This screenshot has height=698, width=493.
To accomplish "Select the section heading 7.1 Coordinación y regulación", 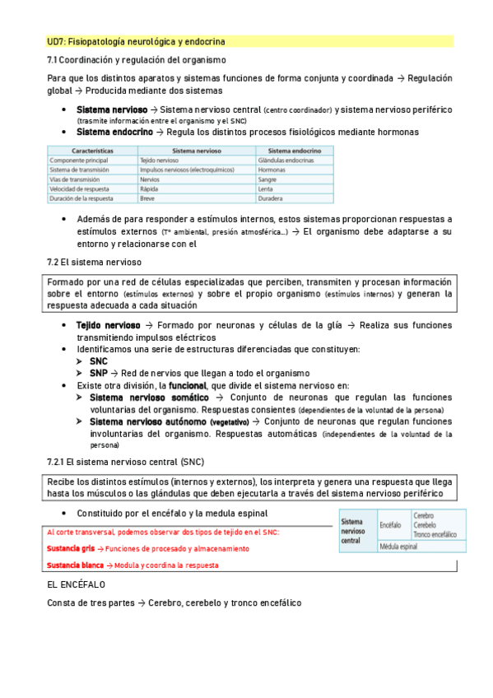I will [137, 60].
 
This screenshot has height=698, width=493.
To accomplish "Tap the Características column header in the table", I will [92, 151].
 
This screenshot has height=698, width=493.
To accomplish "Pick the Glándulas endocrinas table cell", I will [287, 160].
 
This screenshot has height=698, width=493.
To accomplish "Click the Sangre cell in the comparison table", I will [267, 179].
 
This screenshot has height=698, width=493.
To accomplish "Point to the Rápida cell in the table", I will [150, 188].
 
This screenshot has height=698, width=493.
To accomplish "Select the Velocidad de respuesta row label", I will [81, 188].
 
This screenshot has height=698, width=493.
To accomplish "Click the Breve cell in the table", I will [148, 198].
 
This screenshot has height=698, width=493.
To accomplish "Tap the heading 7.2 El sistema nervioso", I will [95, 262].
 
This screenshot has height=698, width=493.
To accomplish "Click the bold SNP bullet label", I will [99, 372].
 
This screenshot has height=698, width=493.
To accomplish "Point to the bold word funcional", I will [188, 384].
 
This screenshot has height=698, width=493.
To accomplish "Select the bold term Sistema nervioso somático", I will [149, 397].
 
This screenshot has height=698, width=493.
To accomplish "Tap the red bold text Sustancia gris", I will [70, 548].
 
